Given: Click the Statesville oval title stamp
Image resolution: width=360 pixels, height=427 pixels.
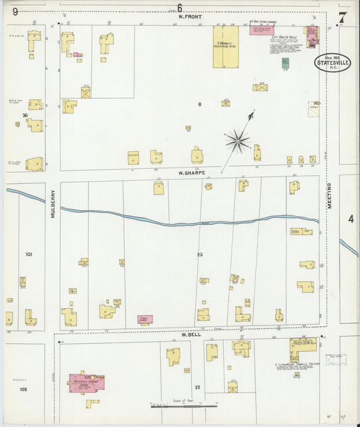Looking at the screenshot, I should coord(332,63).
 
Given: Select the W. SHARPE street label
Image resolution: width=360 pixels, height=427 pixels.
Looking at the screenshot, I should coord(191,172).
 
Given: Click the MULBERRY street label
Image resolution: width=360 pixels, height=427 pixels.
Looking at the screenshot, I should coord(52,202).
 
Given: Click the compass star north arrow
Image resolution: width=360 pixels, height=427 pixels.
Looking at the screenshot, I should coord(238,140).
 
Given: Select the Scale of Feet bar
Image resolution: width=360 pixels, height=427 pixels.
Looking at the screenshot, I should coord(184,405).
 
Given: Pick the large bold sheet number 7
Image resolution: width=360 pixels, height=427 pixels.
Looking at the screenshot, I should coord(342,18).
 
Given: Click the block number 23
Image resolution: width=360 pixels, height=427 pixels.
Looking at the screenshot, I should coord(200,254).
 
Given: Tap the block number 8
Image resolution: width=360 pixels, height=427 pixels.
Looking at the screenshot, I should coord(199,104).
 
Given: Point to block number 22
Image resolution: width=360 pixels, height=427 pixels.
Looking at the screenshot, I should coord(197,386).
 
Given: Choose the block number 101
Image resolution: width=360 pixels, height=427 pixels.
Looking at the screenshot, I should coord(29,254).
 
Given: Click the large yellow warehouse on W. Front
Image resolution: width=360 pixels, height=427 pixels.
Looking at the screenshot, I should coord(226,47).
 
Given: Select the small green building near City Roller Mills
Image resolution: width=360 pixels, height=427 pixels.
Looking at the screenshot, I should coord(285,63).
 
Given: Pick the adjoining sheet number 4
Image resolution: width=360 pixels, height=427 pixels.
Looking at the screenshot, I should coord(351,219).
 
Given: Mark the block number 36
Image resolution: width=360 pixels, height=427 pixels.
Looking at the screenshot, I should coord(25,116).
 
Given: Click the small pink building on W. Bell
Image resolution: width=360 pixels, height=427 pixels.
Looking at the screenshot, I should coord(145,319).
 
